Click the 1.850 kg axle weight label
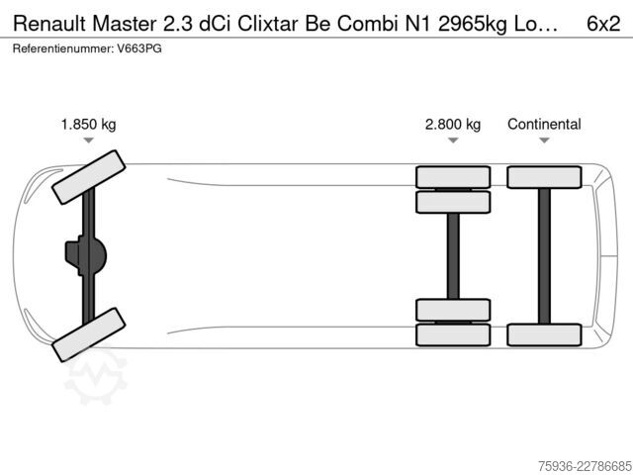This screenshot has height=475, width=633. (88, 124)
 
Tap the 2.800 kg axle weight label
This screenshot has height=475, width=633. (453, 124)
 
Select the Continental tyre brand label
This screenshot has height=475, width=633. (544, 124)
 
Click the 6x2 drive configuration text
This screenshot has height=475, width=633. (603, 24)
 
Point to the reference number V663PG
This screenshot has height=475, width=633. (139, 48)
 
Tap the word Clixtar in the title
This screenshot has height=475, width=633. (268, 24)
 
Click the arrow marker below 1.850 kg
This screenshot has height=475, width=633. (88, 141)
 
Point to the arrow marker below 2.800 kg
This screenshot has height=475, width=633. (453, 141)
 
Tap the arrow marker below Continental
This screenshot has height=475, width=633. (544, 141)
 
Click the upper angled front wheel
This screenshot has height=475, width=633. (88, 177)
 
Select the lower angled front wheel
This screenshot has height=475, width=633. (88, 334)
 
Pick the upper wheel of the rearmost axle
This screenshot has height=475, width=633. (544, 177)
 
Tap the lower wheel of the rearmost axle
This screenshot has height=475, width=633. (544, 334)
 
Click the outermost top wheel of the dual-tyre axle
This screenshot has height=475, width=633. (453, 177)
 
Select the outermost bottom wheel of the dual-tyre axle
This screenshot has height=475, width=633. (453, 334)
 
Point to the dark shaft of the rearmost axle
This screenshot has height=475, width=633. (544, 256)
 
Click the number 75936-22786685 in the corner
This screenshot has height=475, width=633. (585, 466)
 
